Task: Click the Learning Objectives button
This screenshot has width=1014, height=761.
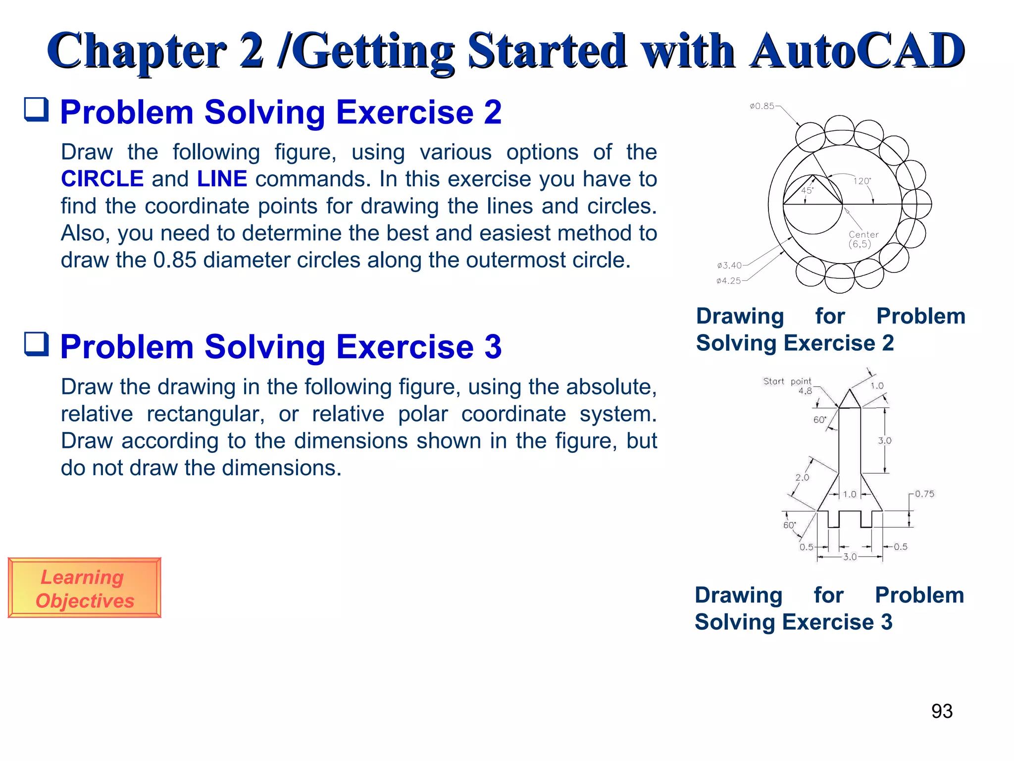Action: (84, 588)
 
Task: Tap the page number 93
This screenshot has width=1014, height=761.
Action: (942, 711)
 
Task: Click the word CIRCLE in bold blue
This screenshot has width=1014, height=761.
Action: (102, 179)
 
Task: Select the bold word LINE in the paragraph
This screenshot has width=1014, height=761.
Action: (222, 179)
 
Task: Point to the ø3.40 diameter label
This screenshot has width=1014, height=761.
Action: (729, 266)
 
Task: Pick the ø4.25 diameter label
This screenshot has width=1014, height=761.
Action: (728, 281)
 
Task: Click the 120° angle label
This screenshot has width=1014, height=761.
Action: (862, 181)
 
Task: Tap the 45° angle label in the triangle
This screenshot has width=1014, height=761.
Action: (807, 190)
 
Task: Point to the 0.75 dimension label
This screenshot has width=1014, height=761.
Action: (924, 494)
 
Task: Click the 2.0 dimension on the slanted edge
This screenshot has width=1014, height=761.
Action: (802, 477)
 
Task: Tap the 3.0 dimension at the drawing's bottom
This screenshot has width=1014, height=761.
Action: (850, 557)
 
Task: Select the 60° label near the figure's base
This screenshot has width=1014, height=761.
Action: (789, 525)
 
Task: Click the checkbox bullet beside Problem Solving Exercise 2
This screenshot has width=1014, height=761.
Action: (37, 109)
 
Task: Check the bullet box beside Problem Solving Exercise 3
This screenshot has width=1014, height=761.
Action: (37, 344)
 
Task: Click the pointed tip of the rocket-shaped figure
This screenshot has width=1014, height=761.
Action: (850, 390)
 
